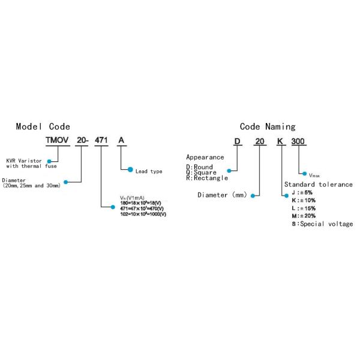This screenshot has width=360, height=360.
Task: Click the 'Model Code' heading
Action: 43,127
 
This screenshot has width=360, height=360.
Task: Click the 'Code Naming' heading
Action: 268,127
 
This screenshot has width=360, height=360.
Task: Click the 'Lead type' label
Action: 149,172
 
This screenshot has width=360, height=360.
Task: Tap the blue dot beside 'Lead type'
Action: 130,170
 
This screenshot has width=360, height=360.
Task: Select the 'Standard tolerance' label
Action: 318,184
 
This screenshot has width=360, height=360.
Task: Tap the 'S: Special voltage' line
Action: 322,224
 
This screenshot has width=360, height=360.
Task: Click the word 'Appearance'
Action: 205,157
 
